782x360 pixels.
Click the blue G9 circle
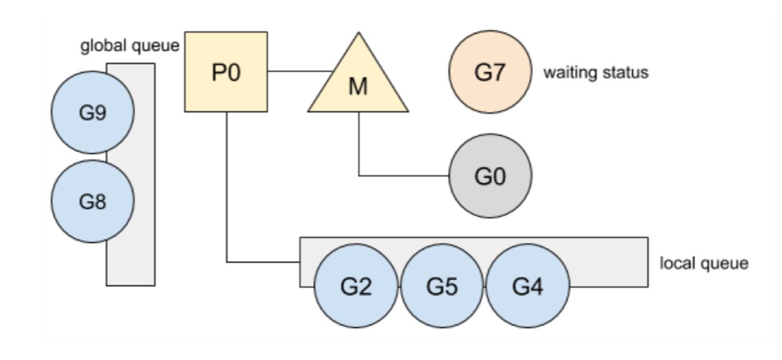tap(93, 113)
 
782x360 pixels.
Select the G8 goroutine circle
tap(93, 201)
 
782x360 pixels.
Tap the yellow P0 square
tap(226, 72)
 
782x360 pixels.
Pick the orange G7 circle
tap(491, 72)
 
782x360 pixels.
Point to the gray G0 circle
tap(491, 175)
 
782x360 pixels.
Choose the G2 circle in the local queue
tap(356, 286)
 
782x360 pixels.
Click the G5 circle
tap(442, 286)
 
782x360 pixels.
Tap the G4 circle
tap(528, 286)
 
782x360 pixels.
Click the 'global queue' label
tap(130, 46)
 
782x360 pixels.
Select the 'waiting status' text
tap(596, 73)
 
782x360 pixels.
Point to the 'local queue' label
tap(704, 264)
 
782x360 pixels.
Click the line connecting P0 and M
tap(300, 71)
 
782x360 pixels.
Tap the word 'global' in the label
tap(104, 46)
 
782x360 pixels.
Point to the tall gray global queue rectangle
tap(144, 174)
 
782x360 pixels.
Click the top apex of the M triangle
tap(359, 32)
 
